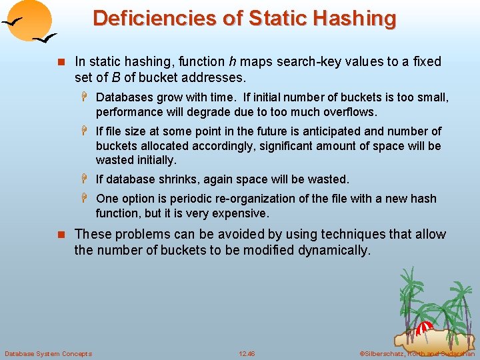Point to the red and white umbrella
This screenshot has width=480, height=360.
coord(425,328)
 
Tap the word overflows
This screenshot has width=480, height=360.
coord(349,112)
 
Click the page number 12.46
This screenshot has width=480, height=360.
coord(247,353)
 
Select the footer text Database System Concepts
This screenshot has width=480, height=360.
coord(48,353)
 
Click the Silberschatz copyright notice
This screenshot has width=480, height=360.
coord(417,353)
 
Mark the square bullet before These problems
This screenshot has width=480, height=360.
coord(63,235)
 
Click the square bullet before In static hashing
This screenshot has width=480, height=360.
coord(63,62)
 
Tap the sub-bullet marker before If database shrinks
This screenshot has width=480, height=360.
coord(87,179)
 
